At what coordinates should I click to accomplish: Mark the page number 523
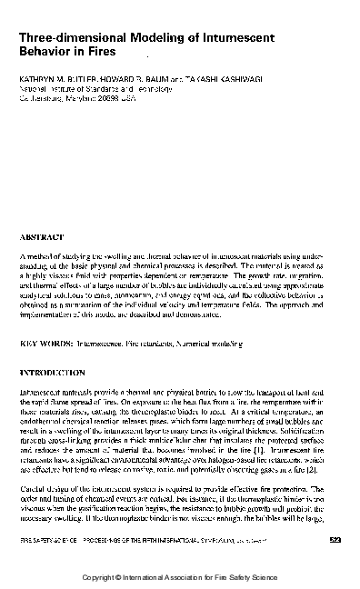[332, 541]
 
